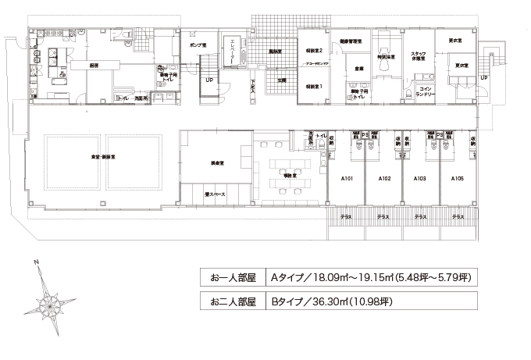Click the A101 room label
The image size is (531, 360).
tap(348, 179)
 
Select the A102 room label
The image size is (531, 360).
tap(384, 179)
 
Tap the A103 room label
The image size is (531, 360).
tap(419, 179)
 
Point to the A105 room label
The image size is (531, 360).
tap(458, 179)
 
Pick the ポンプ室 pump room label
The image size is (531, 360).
tap(198, 46)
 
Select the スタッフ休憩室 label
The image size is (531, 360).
tap(417, 55)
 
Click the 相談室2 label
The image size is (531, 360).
tap(315, 49)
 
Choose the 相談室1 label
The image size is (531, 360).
tap(315, 86)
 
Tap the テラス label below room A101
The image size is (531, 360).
tap(346, 216)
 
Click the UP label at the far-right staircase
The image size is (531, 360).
tap(484, 78)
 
